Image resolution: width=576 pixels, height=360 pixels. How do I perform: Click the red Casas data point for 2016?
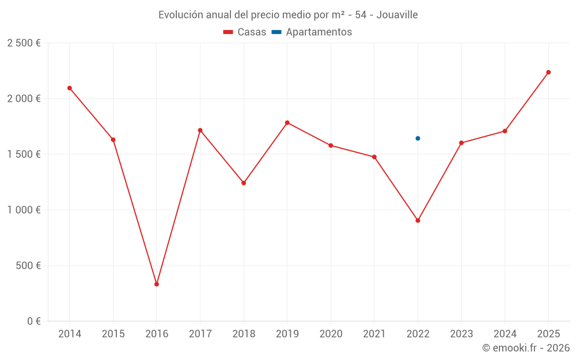tap(157, 284)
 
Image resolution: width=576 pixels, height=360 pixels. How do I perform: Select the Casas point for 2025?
tap(548, 72)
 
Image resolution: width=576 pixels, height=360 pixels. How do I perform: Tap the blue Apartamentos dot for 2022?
tap(418, 138)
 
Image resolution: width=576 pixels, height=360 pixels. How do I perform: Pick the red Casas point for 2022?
tap(418, 221)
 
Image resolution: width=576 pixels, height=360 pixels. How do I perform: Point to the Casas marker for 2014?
tap(70, 88)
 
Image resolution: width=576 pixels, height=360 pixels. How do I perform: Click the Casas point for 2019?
tap(287, 123)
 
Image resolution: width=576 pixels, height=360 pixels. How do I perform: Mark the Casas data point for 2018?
tap(244, 183)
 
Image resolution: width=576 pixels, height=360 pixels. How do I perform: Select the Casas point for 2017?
tap(200, 130)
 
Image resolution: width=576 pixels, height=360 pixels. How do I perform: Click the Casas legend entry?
tap(245, 32)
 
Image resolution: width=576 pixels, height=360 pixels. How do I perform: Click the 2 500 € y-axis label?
tap(24, 43)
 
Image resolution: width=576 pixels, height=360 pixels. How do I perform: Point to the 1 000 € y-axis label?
tap(24, 210)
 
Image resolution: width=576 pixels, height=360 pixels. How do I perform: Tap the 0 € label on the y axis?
tap(31, 321)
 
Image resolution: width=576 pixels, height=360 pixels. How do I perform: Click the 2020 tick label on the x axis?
tap(331, 334)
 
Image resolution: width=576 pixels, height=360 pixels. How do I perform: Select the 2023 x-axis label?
tap(461, 334)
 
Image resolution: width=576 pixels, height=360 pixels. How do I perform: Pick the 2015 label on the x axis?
tap(113, 334)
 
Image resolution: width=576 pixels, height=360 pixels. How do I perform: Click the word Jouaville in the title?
tap(397, 15)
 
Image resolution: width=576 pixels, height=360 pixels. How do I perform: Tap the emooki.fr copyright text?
tap(525, 348)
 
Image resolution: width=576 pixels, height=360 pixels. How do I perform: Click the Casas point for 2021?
tap(374, 157)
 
